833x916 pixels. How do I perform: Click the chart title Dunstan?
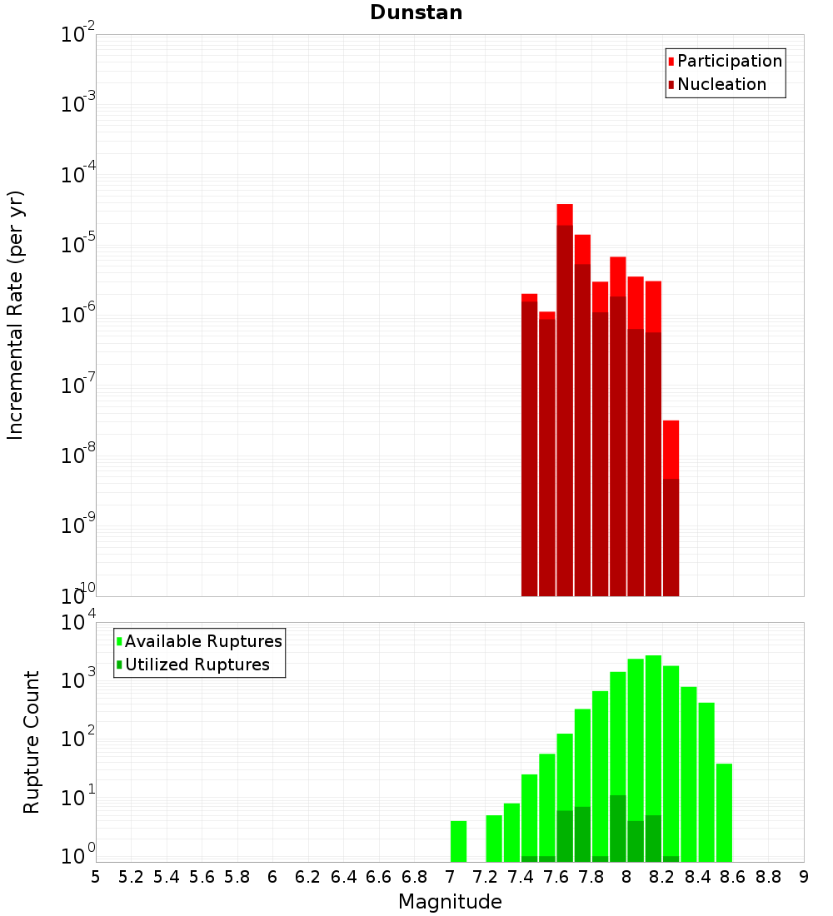[x=416, y=12]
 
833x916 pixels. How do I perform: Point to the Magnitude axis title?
[x=450, y=902]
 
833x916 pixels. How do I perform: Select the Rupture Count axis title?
[x=32, y=742]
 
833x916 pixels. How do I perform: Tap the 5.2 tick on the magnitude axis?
[x=131, y=877]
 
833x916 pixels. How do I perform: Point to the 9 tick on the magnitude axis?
[x=804, y=877]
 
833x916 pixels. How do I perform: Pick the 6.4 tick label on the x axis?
[x=343, y=877]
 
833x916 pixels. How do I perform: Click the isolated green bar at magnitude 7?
[x=458, y=841]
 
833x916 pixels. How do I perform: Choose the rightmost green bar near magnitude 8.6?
[x=724, y=812]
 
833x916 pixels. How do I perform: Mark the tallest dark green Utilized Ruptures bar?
[x=617, y=829]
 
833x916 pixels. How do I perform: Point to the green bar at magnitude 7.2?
[x=494, y=838]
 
